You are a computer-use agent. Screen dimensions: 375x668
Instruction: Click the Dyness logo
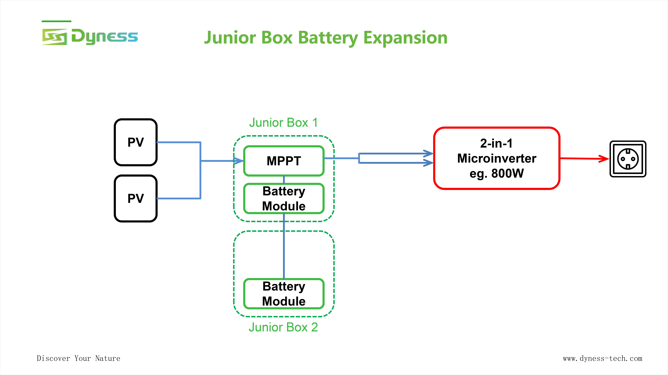tap(90, 37)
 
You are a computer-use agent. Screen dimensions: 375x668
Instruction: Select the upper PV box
tap(136, 142)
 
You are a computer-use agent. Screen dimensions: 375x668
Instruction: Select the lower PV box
tap(136, 198)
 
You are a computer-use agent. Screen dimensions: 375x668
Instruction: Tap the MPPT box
tap(284, 161)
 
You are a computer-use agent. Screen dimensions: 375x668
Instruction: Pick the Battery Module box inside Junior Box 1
tap(284, 198)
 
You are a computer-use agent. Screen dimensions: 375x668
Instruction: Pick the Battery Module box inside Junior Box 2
tap(284, 294)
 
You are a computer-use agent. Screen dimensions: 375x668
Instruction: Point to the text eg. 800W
tap(497, 173)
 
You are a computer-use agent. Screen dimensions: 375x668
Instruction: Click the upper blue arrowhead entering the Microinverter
tap(428, 153)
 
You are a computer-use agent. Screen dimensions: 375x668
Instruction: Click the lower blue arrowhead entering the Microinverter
tap(428, 163)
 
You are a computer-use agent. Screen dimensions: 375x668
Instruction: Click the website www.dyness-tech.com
tap(602, 358)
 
